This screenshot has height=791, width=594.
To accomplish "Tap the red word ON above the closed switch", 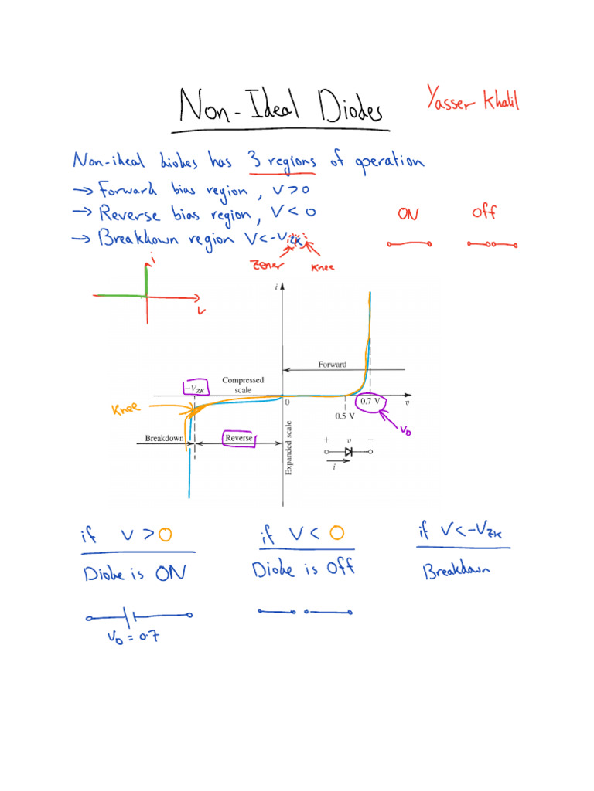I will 408,212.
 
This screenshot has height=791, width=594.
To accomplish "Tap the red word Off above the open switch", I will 483,211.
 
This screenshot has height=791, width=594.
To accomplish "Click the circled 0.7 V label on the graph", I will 369,402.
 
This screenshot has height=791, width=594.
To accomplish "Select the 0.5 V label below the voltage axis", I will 345,416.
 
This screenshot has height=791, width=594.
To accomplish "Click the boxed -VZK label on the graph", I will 195,389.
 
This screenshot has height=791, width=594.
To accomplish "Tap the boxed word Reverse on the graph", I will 238,439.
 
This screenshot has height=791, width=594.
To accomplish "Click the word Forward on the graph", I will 333,364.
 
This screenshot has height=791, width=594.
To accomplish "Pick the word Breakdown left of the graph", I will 165,439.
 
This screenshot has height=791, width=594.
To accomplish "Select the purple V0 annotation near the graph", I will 405,430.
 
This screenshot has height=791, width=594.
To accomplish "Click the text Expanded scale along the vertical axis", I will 289,448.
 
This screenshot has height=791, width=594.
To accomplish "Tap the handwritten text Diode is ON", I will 135,574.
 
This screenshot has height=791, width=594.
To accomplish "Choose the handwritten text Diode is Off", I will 302,569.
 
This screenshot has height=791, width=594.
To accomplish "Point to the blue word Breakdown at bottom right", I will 460,572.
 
